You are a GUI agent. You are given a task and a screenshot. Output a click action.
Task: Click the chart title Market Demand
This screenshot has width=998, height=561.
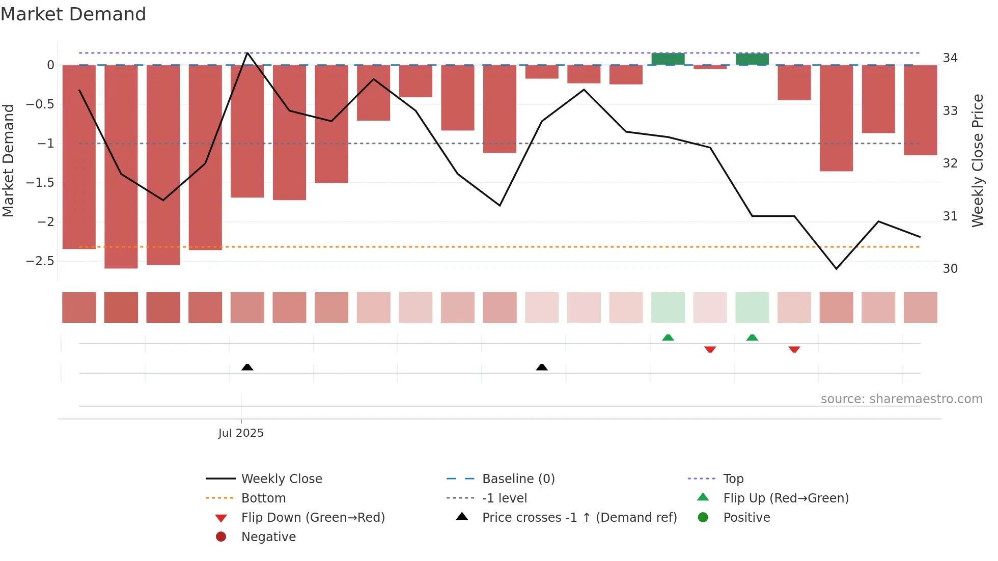coord(73,14)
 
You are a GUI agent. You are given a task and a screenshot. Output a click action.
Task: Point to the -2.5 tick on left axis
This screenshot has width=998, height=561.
coord(40,261)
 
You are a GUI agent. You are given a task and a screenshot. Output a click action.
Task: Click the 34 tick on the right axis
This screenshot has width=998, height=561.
coord(950,58)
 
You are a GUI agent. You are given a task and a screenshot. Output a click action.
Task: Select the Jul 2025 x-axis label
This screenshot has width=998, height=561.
coord(241,433)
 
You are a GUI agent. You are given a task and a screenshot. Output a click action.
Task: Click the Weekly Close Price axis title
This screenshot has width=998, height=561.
coord(978,160)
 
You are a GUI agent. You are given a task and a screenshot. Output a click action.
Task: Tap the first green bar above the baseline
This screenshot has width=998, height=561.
coord(668,59)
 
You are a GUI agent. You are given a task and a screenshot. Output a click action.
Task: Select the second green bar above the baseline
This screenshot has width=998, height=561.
coord(752,59)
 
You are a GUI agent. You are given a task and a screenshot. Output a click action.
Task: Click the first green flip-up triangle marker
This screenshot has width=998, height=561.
coord(668,338)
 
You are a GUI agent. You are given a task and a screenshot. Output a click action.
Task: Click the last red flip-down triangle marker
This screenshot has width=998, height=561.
coord(794,349)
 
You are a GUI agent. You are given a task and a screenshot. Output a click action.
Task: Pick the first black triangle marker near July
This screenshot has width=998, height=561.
coord(247,367)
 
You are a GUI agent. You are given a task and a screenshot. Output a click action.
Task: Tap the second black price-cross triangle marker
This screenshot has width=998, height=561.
coord(542,367)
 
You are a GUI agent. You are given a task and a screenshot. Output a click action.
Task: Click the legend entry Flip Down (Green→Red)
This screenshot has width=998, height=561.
coord(313,517)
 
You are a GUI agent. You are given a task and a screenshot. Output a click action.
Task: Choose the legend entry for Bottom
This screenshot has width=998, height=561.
coord(263,498)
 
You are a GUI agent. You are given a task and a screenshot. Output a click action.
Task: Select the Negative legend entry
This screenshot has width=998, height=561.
coord(268,537)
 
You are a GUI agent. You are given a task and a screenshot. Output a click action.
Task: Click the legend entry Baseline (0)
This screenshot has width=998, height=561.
coord(518,479)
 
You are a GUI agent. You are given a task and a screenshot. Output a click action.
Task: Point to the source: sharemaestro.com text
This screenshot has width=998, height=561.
coord(901,399)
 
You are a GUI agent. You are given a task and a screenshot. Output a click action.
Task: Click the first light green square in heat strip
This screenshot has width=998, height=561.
coord(668,307)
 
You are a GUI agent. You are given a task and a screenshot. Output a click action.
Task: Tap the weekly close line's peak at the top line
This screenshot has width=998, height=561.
coord(247,53)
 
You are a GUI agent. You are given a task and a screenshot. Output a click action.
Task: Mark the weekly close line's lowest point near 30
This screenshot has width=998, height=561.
coord(836,268)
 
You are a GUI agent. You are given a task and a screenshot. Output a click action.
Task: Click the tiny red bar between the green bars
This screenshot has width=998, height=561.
coord(710,67)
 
